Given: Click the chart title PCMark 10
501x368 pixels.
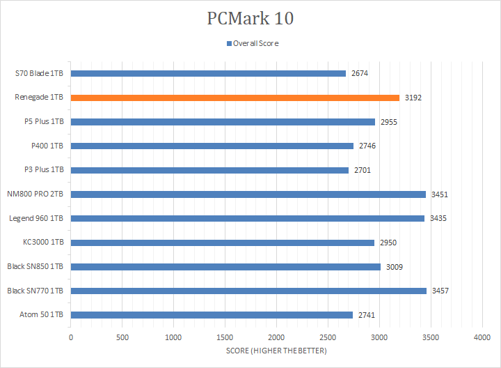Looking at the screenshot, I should [x=250, y=18].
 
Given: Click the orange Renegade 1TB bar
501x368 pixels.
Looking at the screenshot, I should [x=235, y=98].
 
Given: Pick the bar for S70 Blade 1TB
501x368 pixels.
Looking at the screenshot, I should [x=208, y=73].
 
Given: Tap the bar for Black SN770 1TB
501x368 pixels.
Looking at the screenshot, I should [x=248, y=291].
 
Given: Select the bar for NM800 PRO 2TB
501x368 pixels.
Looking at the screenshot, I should [x=248, y=194].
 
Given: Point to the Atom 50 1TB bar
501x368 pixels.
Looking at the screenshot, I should [x=212, y=315].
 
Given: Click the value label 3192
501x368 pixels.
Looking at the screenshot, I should [x=413, y=98].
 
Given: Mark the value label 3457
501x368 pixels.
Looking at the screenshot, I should [x=440, y=291].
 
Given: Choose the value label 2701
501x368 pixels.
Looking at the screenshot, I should [x=363, y=170].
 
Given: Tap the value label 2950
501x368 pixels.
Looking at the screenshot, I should [x=388, y=243].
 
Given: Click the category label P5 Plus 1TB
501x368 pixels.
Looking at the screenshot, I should [x=43, y=121].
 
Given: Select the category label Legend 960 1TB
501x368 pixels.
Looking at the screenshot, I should [x=36, y=218].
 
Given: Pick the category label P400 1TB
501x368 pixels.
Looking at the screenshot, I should [x=47, y=146].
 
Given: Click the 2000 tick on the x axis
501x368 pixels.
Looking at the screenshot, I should [x=276, y=337].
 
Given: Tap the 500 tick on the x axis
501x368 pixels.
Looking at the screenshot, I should [x=122, y=337].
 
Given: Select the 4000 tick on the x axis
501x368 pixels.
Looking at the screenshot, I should [x=482, y=337].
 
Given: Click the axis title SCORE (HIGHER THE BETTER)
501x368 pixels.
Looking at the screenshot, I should [x=276, y=351].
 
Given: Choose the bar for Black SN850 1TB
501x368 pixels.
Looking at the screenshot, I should [x=225, y=267].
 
